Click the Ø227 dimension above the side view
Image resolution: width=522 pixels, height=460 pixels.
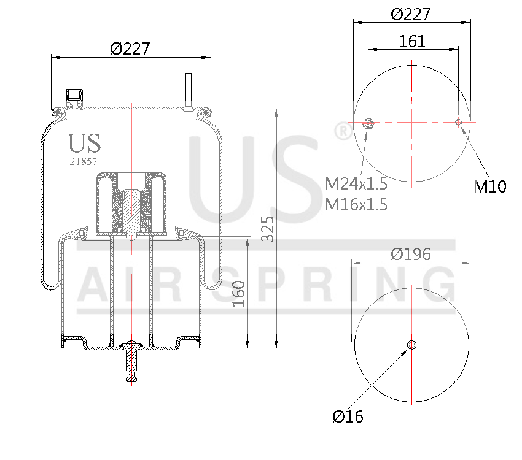click(x=130, y=48)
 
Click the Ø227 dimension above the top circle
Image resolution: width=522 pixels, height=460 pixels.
click(x=411, y=13)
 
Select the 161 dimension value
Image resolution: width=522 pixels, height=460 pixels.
click(x=412, y=41)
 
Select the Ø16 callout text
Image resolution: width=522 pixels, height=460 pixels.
click(x=348, y=417)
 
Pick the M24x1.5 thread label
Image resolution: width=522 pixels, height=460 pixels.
click(x=356, y=183)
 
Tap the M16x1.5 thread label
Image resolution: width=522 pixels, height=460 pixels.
click(x=356, y=205)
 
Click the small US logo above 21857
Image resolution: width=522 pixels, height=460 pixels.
click(x=84, y=142)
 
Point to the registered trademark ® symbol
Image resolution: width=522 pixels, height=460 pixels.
click(x=341, y=131)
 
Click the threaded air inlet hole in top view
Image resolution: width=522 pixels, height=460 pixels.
click(x=369, y=123)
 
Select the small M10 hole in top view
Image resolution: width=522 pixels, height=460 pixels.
click(x=458, y=122)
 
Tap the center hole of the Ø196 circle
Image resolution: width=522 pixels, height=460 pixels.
click(x=411, y=345)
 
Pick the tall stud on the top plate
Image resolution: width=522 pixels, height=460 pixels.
click(x=189, y=90)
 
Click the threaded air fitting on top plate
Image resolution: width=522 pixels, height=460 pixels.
click(x=74, y=96)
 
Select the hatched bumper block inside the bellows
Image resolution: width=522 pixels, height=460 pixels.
click(x=131, y=205)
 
